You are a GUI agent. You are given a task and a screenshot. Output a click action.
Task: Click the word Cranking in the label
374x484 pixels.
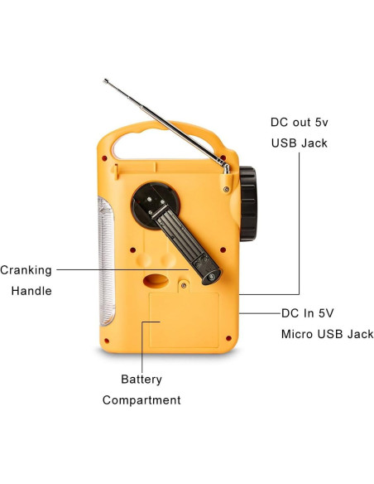point(26,270)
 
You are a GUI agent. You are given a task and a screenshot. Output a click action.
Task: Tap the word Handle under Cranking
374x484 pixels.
point(31,291)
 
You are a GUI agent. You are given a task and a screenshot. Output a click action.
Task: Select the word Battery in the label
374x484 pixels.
point(141,380)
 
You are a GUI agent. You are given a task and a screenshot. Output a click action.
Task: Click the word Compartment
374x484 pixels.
point(141,400)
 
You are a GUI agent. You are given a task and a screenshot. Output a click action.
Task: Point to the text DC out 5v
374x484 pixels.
point(300,122)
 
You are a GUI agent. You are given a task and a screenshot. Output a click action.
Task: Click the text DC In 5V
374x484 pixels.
point(308,313)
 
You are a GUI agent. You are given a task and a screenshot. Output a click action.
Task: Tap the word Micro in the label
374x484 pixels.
point(298,334)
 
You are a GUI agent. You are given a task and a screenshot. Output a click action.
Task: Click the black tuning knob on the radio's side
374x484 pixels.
point(247,204)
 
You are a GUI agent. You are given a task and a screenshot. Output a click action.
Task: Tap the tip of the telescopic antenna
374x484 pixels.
point(105,81)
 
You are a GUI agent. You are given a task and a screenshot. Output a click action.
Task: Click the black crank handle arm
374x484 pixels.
point(185,240)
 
